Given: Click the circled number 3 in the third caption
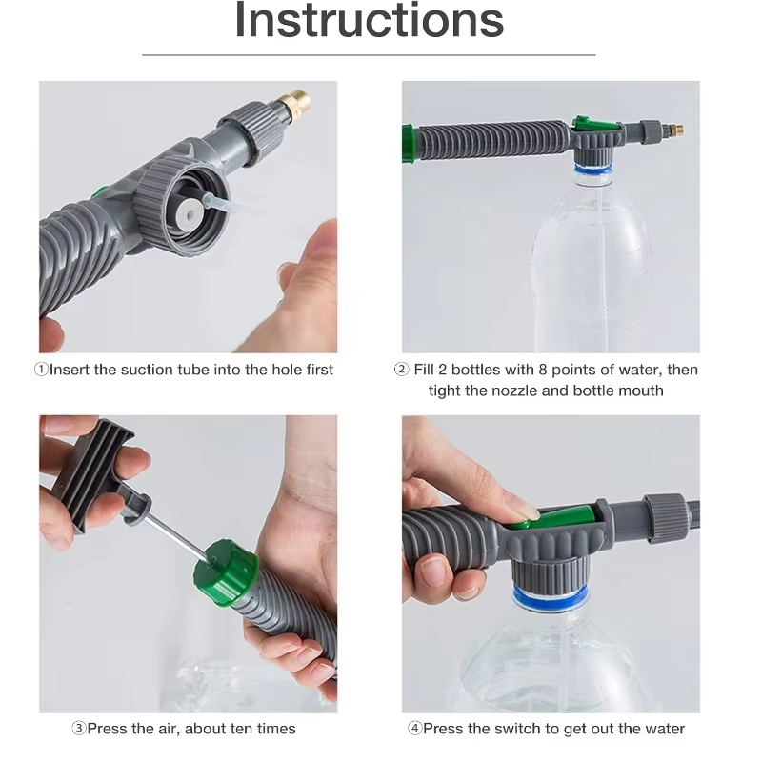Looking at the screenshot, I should coord(79,729).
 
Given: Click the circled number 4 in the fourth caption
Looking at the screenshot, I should coord(414,729).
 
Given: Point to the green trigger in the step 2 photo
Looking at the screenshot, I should coord(582,124).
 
